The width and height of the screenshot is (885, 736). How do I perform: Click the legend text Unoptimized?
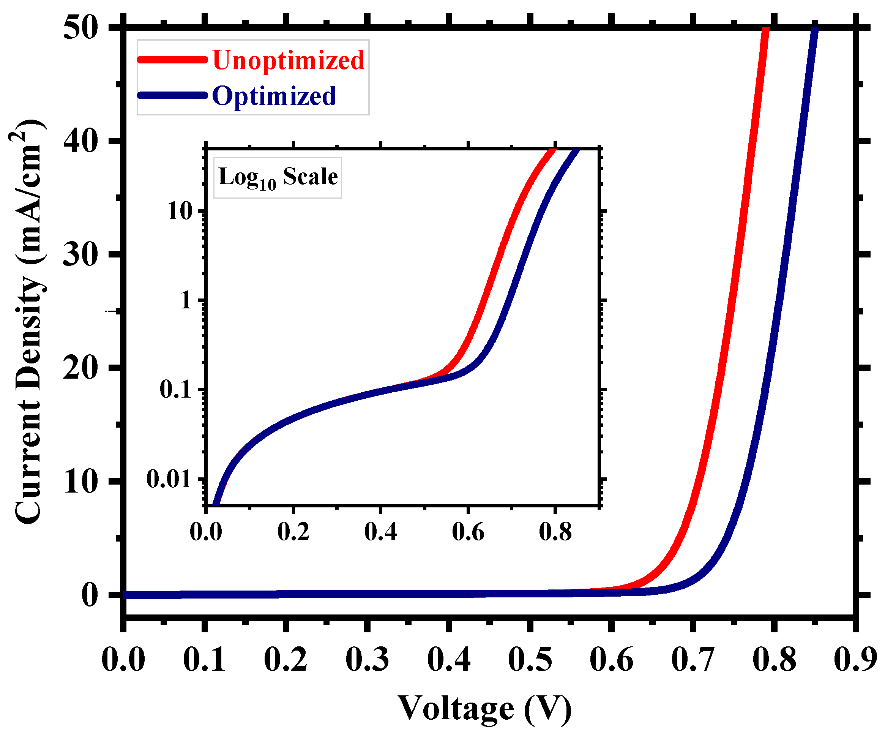[x=288, y=60]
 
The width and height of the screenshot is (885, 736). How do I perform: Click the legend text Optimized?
[x=274, y=96]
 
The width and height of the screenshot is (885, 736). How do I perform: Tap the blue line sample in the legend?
[x=172, y=95]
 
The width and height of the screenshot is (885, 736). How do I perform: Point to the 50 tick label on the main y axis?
[x=81, y=28]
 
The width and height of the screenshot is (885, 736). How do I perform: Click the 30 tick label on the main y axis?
[x=81, y=254]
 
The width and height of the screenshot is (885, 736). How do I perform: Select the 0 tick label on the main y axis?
[x=89, y=595]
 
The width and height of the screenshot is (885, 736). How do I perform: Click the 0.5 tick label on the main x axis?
[x=530, y=659]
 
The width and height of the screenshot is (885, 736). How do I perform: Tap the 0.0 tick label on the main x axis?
[x=123, y=659]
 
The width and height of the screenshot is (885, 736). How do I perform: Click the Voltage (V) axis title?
[x=484, y=709]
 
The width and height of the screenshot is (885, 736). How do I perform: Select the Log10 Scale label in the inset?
[x=278, y=177]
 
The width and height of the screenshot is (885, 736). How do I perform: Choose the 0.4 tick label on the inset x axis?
[x=380, y=532]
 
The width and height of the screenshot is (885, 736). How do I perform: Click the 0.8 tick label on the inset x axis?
[x=555, y=532]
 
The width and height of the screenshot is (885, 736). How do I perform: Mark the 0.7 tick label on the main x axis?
[x=693, y=659]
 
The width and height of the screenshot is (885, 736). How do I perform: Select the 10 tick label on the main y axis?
[x=81, y=482]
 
